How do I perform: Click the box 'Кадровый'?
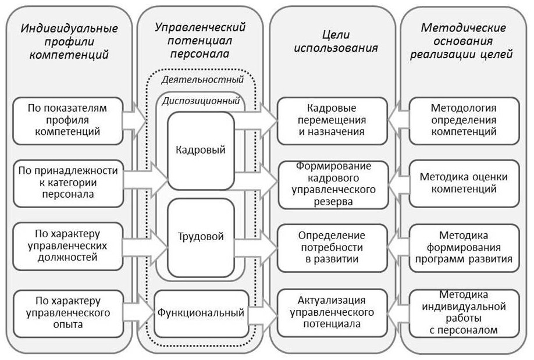pyautogui.click(x=201, y=151)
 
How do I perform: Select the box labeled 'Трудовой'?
pyautogui.click(x=201, y=237)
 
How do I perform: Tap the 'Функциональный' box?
pyautogui.click(x=201, y=313)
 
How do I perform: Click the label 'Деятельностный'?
pyautogui.click(x=202, y=79)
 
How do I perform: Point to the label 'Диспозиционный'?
pyautogui.click(x=201, y=101)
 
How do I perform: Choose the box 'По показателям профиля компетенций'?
pyautogui.click(x=68, y=120)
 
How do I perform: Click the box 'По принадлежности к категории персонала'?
pyautogui.click(x=68, y=183)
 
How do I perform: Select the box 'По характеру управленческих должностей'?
pyautogui.click(x=68, y=246)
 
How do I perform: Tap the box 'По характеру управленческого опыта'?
pyautogui.click(x=68, y=313)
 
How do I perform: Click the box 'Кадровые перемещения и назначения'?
pyautogui.click(x=332, y=120)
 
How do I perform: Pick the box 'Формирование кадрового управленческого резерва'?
pyautogui.click(x=333, y=184)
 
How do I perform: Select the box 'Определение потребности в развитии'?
pyautogui.click(x=332, y=248)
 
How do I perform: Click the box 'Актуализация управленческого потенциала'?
pyautogui.click(x=332, y=313)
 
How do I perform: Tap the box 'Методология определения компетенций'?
pyautogui.click(x=464, y=120)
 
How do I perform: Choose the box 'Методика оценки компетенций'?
pyautogui.click(x=464, y=183)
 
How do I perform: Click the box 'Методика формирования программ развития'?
pyautogui.click(x=464, y=248)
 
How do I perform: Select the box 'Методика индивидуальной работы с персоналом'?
pyautogui.click(x=464, y=313)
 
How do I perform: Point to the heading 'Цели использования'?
pyautogui.click(x=336, y=41)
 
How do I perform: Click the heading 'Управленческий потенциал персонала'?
pyautogui.click(x=200, y=41)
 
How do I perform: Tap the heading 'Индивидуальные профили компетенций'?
pyautogui.click(x=69, y=41)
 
